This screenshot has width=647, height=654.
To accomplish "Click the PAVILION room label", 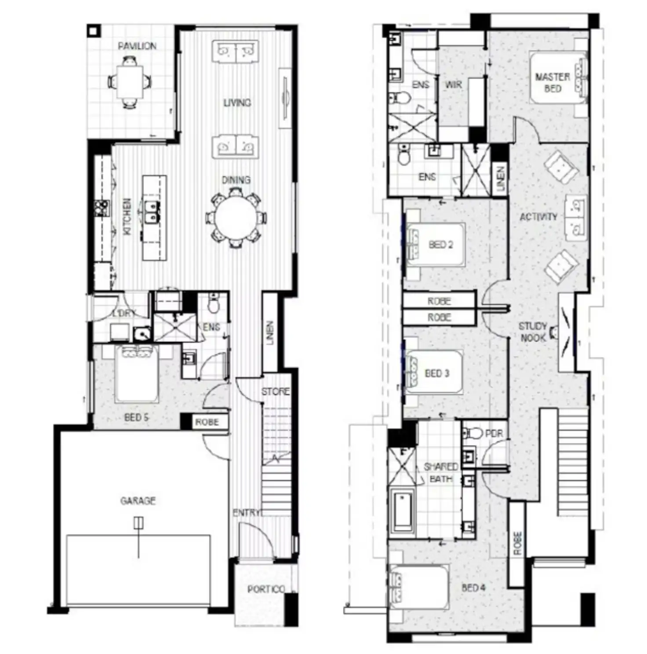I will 137,46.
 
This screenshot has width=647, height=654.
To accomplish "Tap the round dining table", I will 236,218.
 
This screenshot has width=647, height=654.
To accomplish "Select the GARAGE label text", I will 138,500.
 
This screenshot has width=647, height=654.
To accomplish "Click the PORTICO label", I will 265,589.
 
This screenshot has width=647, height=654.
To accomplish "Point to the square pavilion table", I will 130,82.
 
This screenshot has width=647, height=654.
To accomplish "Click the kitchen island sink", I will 152,211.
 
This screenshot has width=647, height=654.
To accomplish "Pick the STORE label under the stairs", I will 276,391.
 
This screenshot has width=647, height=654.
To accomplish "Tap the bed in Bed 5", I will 137,374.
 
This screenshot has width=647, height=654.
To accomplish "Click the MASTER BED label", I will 552,82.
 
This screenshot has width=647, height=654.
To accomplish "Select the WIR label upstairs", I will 453,84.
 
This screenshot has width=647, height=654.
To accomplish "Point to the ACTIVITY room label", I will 538,217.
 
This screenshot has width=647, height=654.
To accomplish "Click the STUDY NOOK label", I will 533,332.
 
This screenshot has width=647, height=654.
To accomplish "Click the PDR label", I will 494,434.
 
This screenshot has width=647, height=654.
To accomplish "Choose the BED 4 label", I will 473,588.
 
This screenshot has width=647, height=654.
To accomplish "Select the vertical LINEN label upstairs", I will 501,178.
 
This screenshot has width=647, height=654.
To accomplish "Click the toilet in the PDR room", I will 472,434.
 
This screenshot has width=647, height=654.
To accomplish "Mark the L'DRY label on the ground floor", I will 124,313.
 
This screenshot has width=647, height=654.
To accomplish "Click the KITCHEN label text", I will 127,216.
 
